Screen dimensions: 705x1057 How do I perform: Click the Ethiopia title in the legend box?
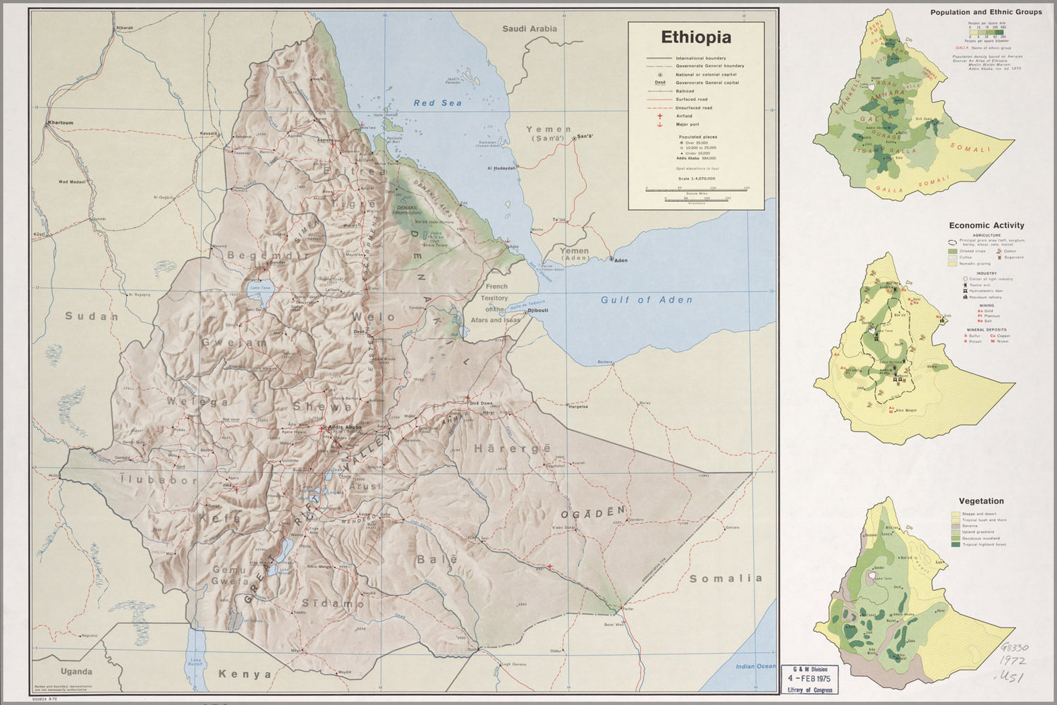pos(695,37)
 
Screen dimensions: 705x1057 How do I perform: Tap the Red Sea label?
pos(437,103)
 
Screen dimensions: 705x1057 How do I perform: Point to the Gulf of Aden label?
pos(646,300)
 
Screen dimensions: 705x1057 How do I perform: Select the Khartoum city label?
pos(60,123)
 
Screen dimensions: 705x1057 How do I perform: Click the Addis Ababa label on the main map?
pos(345,427)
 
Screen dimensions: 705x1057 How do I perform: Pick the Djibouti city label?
pos(538,310)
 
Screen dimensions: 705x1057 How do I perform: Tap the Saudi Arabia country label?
pos(529,29)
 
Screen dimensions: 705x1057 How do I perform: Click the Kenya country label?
pos(245,674)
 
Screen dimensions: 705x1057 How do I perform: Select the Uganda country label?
pos(76,672)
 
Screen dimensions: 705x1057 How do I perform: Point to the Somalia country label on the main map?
pos(726,578)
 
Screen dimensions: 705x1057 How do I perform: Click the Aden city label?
pos(621,260)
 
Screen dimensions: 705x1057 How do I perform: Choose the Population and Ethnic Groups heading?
pos(986,12)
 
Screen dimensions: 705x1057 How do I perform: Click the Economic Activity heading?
pos(986,226)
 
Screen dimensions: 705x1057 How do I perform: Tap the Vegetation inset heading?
pos(981,501)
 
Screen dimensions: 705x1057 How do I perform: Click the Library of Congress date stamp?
pos(809,679)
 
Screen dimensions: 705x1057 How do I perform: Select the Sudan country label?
pos(92,317)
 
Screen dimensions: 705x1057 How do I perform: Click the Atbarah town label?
pos(124,27)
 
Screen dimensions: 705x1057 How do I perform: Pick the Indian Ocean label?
pos(755,666)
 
